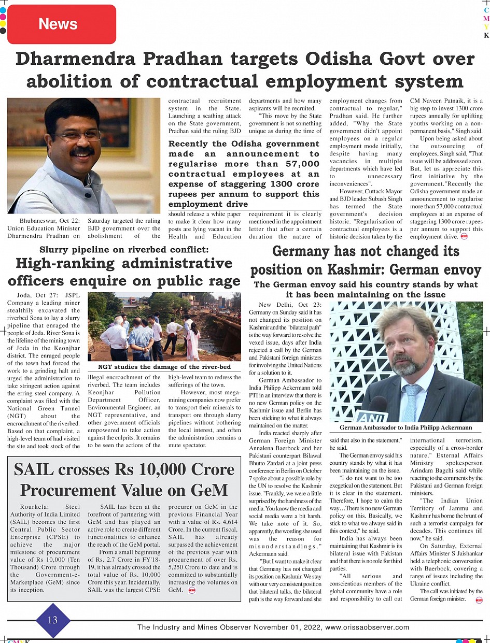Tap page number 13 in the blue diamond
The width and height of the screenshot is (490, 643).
coord(52,620)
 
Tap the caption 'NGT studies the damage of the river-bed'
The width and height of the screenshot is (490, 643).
coord(164,367)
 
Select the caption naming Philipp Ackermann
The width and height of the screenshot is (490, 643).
coord(405,427)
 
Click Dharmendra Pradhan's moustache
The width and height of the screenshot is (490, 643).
coord(83,152)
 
